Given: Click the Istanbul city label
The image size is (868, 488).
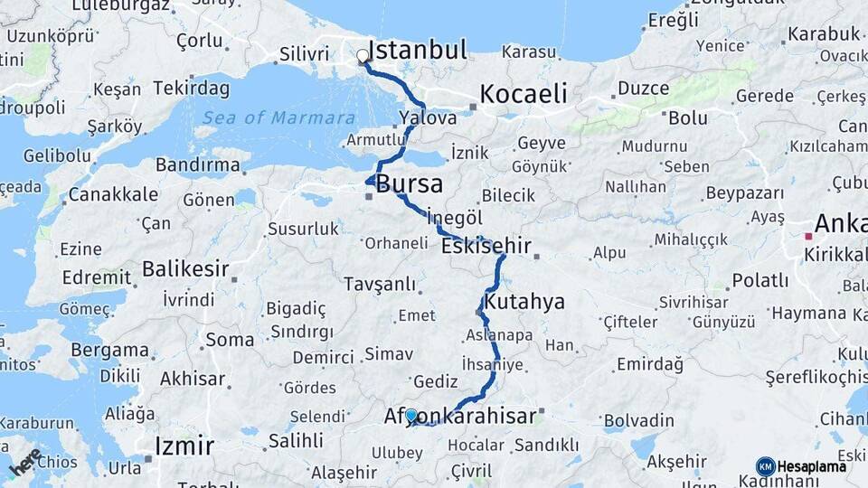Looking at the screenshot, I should (x=418, y=50).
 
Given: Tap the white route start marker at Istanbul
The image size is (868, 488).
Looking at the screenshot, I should (x=363, y=56).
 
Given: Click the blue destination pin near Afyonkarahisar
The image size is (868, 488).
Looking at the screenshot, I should (x=411, y=416).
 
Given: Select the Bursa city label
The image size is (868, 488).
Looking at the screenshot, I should (x=410, y=184).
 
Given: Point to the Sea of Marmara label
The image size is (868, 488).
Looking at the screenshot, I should (x=278, y=117).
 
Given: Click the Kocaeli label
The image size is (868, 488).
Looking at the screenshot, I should (x=524, y=93).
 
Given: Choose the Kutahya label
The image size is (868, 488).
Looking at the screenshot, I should (x=524, y=301).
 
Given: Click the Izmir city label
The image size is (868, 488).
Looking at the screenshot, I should (x=184, y=446).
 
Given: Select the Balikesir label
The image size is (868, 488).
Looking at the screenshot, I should (x=185, y=268).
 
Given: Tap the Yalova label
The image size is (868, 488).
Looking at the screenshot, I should (x=428, y=117).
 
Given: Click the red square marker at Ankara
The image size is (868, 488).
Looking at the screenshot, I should (x=808, y=237).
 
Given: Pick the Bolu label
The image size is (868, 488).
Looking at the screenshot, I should (x=687, y=117).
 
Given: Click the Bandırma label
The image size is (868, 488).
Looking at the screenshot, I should (x=198, y=165).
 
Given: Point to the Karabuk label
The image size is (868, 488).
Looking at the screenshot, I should (x=824, y=34).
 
